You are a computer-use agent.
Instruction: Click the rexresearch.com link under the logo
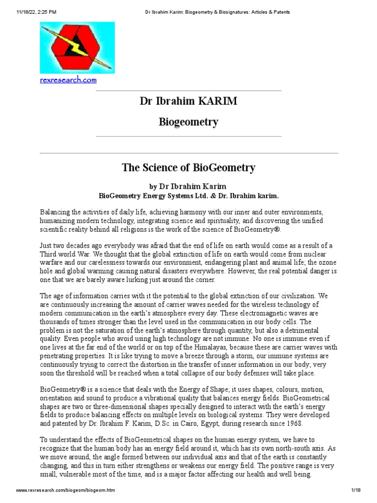coord(68,80)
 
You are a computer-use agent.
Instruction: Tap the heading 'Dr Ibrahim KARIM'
coord(188,102)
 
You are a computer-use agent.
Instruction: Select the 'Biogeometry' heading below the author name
coord(188,122)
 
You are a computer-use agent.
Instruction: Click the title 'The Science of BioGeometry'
coord(188,168)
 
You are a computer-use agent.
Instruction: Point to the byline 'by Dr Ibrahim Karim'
coord(188,187)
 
